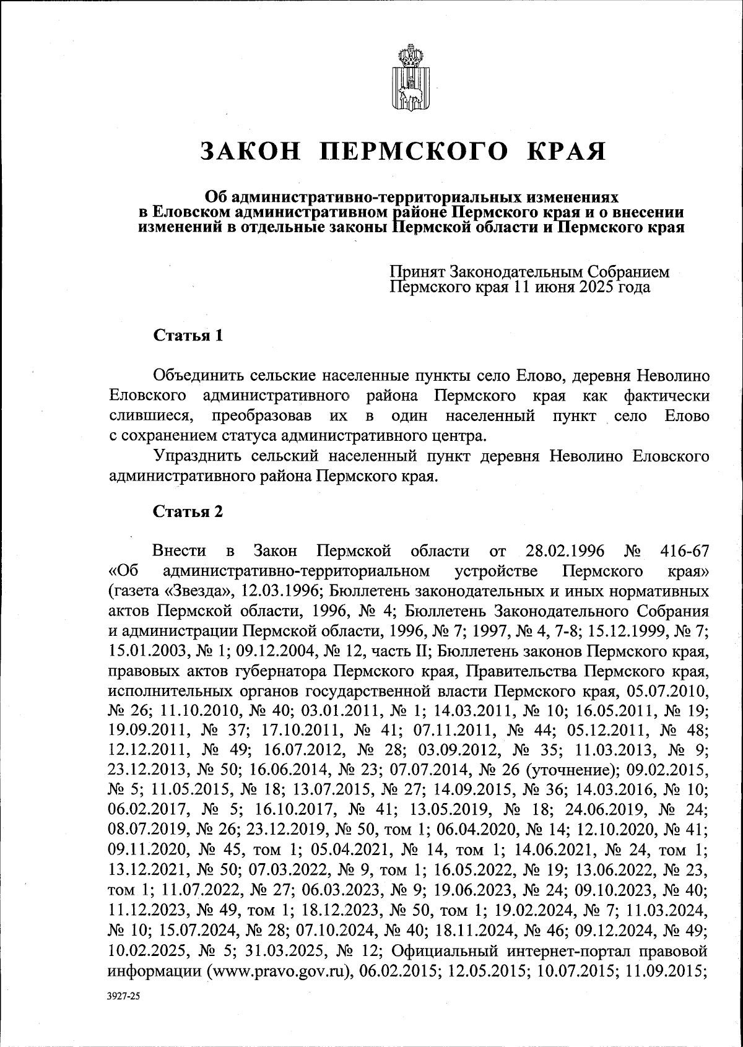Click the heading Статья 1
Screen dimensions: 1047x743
(x=188, y=336)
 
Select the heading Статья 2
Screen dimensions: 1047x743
(x=188, y=511)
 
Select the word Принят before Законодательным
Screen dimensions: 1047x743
(x=417, y=272)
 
